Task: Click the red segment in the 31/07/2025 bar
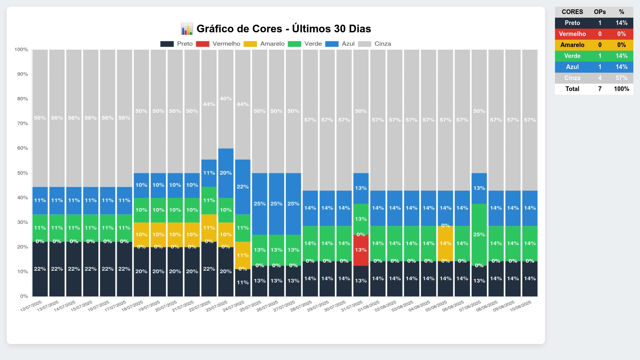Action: (361, 250)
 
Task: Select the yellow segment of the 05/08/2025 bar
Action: (445, 244)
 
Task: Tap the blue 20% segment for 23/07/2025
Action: (226, 173)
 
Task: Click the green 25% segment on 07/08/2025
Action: (479, 235)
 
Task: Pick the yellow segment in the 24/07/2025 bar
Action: (243, 255)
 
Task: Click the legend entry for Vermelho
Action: (218, 44)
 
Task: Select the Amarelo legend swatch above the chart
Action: (250, 44)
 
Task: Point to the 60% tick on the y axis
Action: (23, 148)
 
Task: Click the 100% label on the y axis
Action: (21, 50)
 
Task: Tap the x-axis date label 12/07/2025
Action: (31, 306)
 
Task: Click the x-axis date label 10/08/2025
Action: (521, 306)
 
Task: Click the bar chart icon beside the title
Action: (187, 29)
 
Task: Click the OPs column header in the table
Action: (600, 12)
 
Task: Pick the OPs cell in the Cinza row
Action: (600, 78)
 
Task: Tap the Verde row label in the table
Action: (572, 56)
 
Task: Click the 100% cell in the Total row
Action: (621, 89)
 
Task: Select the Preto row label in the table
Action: (572, 23)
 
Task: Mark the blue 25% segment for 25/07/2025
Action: (260, 204)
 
